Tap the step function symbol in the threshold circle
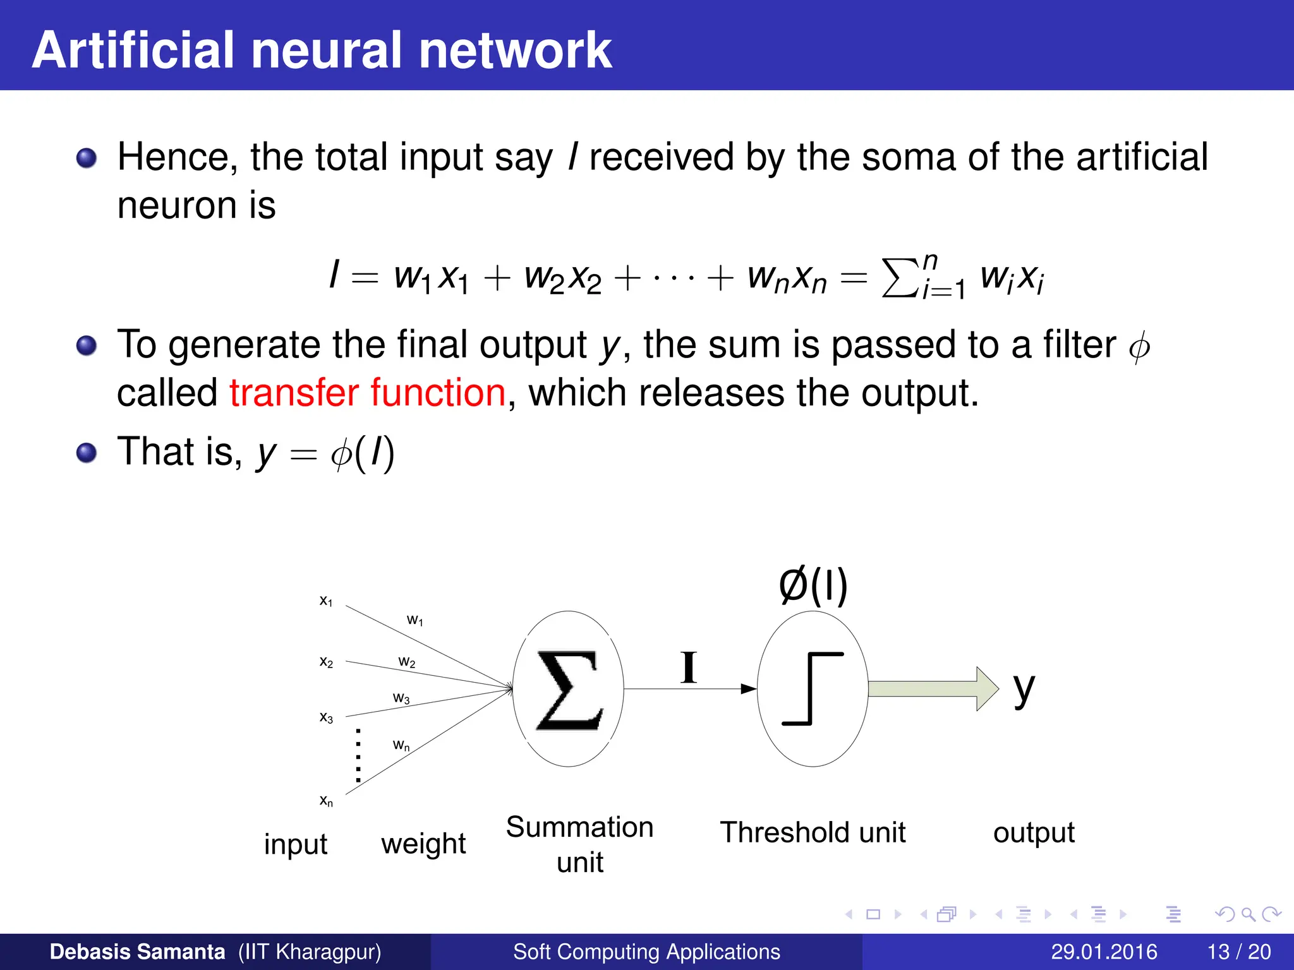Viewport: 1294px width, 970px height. [813, 688]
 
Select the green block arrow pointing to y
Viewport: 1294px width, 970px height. [933, 688]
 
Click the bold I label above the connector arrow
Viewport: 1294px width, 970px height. [689, 668]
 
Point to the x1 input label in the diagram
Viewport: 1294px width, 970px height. [326, 601]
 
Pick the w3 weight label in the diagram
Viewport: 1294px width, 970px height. [401, 698]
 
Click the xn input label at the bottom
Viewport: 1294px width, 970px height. [326, 801]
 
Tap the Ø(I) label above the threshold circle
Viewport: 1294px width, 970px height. [813, 585]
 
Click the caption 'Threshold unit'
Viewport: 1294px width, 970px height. [813, 832]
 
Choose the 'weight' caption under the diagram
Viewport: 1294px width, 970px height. [423, 844]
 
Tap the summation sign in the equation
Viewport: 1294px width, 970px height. [900, 277]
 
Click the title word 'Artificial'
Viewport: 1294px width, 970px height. [133, 51]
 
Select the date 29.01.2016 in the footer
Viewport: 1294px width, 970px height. [1103, 952]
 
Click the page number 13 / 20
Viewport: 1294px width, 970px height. [1238, 952]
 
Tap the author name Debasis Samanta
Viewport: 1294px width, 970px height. [137, 952]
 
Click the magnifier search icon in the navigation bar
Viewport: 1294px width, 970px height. [1248, 914]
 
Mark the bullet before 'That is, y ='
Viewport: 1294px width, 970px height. [87, 453]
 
